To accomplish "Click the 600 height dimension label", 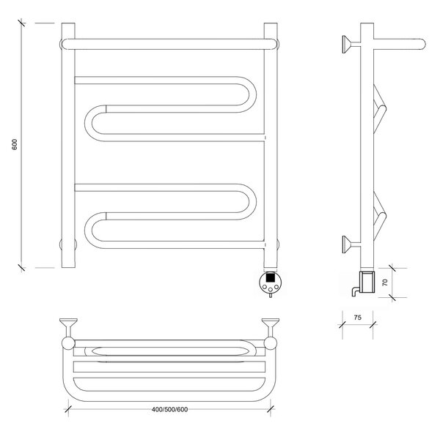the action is coord(15,144).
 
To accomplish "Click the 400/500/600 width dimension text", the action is coord(169,410).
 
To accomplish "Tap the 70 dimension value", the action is coord(385,282).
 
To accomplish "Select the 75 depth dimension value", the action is coord(358,318).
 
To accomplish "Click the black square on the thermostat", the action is coord(270,277).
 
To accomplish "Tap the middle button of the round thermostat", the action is coord(270,290).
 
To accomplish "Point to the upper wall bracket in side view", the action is coord(351,44).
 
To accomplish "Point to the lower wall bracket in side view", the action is coord(351,244).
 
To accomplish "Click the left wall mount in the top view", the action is coord(68,328).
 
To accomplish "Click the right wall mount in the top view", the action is coord(270,328).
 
